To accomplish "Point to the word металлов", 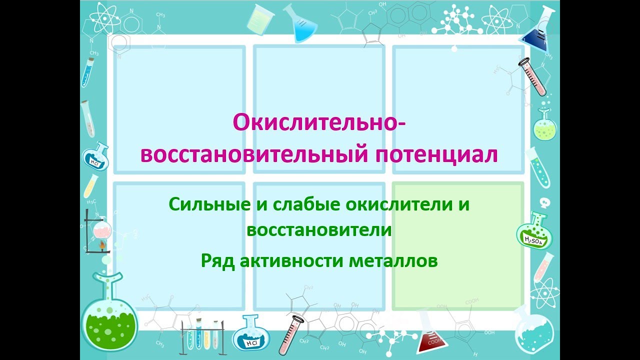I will pos(396,260).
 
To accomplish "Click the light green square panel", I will pos(458,245).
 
